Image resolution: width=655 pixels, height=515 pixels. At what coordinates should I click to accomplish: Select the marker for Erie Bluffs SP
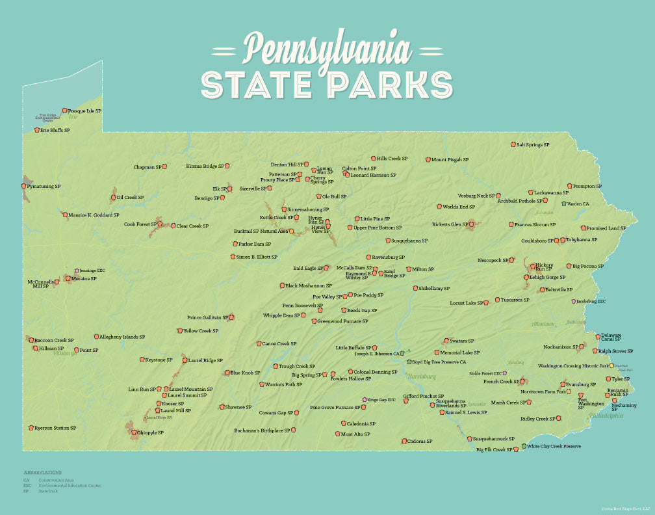(x=37, y=130)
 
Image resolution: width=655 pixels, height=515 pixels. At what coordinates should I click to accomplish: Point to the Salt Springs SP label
(x=533, y=144)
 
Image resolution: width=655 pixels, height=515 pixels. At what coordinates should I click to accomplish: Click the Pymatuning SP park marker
(x=24, y=186)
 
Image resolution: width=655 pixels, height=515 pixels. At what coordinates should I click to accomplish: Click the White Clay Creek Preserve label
(x=554, y=446)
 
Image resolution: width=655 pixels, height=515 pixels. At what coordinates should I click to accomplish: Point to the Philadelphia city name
(x=606, y=416)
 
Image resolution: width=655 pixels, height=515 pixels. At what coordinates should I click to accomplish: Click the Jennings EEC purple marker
(x=76, y=271)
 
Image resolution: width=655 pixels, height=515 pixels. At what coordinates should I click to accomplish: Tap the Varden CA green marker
(x=563, y=204)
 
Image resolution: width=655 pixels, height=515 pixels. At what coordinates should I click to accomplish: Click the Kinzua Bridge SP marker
(x=227, y=166)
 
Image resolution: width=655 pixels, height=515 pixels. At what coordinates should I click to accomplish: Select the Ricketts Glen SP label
(x=450, y=224)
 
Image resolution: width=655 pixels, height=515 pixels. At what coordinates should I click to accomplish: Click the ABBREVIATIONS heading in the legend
(x=43, y=472)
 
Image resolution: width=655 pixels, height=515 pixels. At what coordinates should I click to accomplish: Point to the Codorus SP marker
(x=404, y=441)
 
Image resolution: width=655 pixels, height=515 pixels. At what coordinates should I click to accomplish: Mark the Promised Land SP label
(x=606, y=228)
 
